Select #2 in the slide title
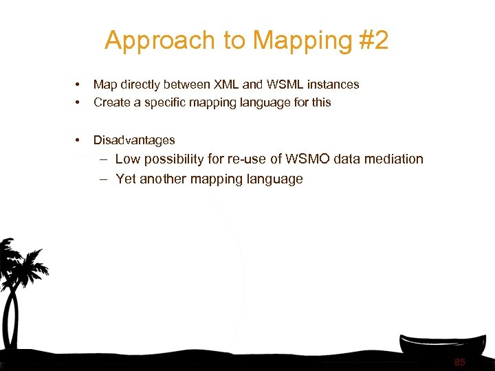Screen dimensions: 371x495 pos(373,41)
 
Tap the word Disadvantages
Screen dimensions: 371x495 pos(134,140)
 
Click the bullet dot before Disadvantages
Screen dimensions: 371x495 pos(78,140)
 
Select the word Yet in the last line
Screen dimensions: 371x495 pos(126,179)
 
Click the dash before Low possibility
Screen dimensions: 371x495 pos(102,159)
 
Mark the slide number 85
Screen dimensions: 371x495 pos(459,362)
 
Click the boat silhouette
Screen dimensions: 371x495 pos(443,347)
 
